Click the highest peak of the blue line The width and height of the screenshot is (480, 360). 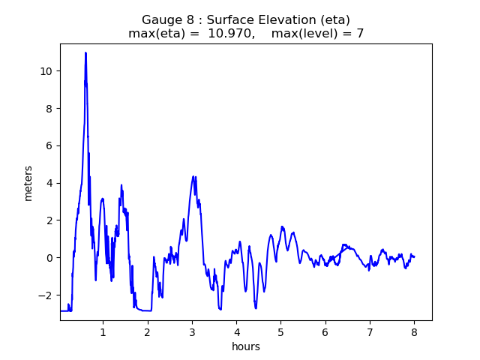pos(85,52)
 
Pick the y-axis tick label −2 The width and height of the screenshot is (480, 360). pos(47,295)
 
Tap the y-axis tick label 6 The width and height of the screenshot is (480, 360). pos(50,145)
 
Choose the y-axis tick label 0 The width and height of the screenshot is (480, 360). pos(50,258)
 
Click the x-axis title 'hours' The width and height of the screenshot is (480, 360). pos(246,346)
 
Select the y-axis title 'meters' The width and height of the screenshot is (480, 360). pos(28,183)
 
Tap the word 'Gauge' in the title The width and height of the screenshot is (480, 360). pos(161,19)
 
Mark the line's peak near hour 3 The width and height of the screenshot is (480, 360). pos(193,177)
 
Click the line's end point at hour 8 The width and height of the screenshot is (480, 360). pos(414,256)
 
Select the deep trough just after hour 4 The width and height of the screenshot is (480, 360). pos(256,307)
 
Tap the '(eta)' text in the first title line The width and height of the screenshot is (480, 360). pos(334,19)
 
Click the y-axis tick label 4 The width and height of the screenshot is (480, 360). pos(50,183)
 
